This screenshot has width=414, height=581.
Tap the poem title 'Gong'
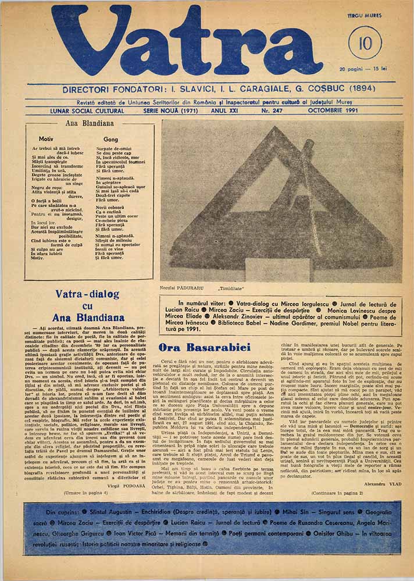(110, 140)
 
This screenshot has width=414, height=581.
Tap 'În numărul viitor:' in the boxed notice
(201, 304)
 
